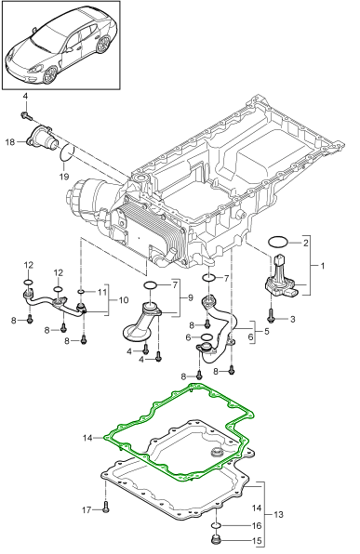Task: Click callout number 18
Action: coord(10,142)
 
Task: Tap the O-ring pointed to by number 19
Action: coord(67,152)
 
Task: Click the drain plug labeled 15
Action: coord(216,540)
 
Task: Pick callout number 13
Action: coord(279,514)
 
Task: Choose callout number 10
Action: coord(124,300)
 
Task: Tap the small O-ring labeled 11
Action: coord(81,292)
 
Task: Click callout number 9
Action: coord(191,297)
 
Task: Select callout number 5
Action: coord(266,331)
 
